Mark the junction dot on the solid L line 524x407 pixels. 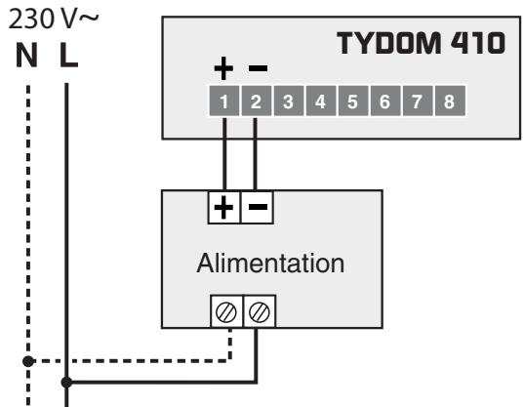tap(66, 383)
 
